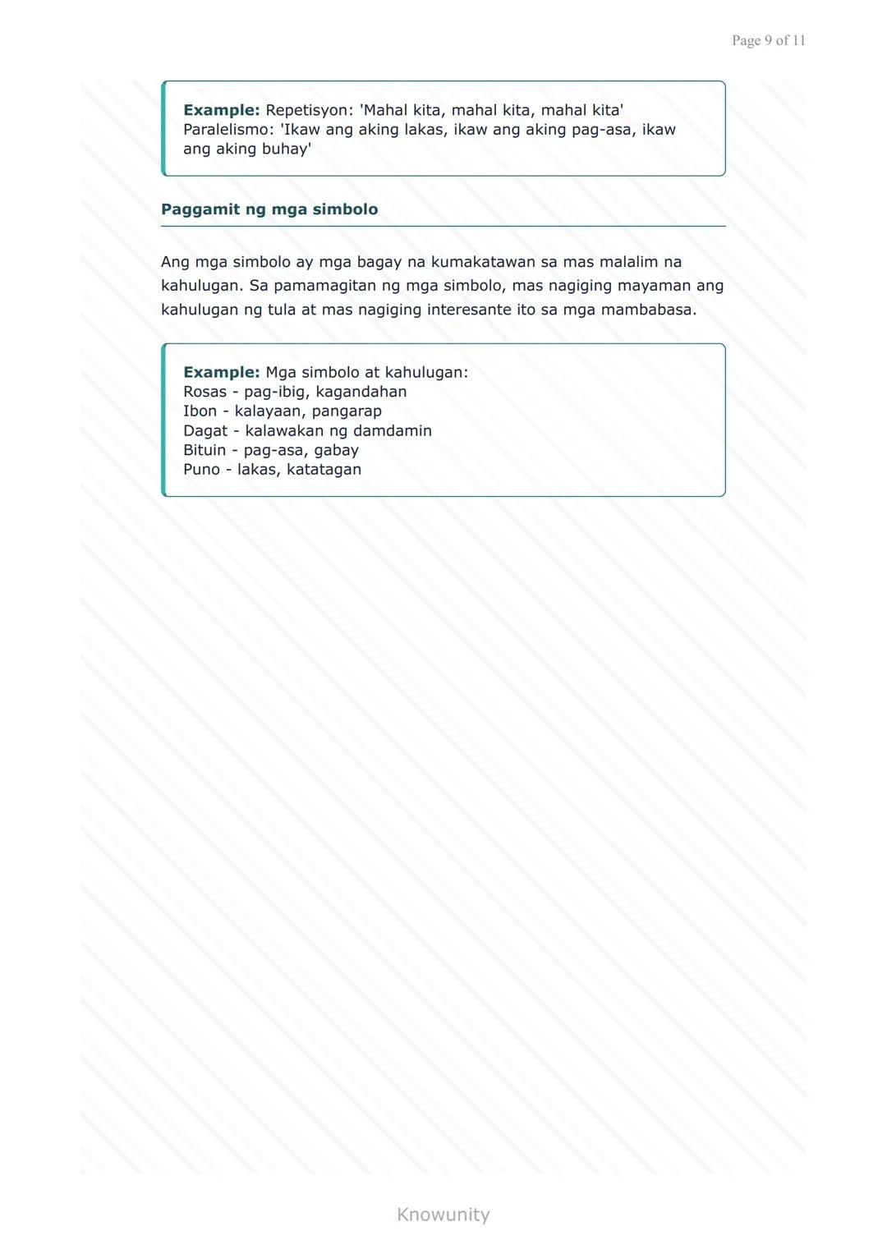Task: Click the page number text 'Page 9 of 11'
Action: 768,40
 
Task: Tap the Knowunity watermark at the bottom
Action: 443,1215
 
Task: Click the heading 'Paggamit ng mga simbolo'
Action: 269,209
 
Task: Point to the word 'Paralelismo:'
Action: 225,130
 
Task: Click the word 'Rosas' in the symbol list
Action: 205,392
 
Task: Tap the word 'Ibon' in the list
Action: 200,411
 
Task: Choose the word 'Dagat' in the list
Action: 205,431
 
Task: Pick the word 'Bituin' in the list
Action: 205,450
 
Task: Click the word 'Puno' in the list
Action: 201,470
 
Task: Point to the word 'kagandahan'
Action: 361,392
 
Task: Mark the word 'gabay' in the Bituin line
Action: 336,450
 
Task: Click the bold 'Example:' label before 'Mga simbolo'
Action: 221,372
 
